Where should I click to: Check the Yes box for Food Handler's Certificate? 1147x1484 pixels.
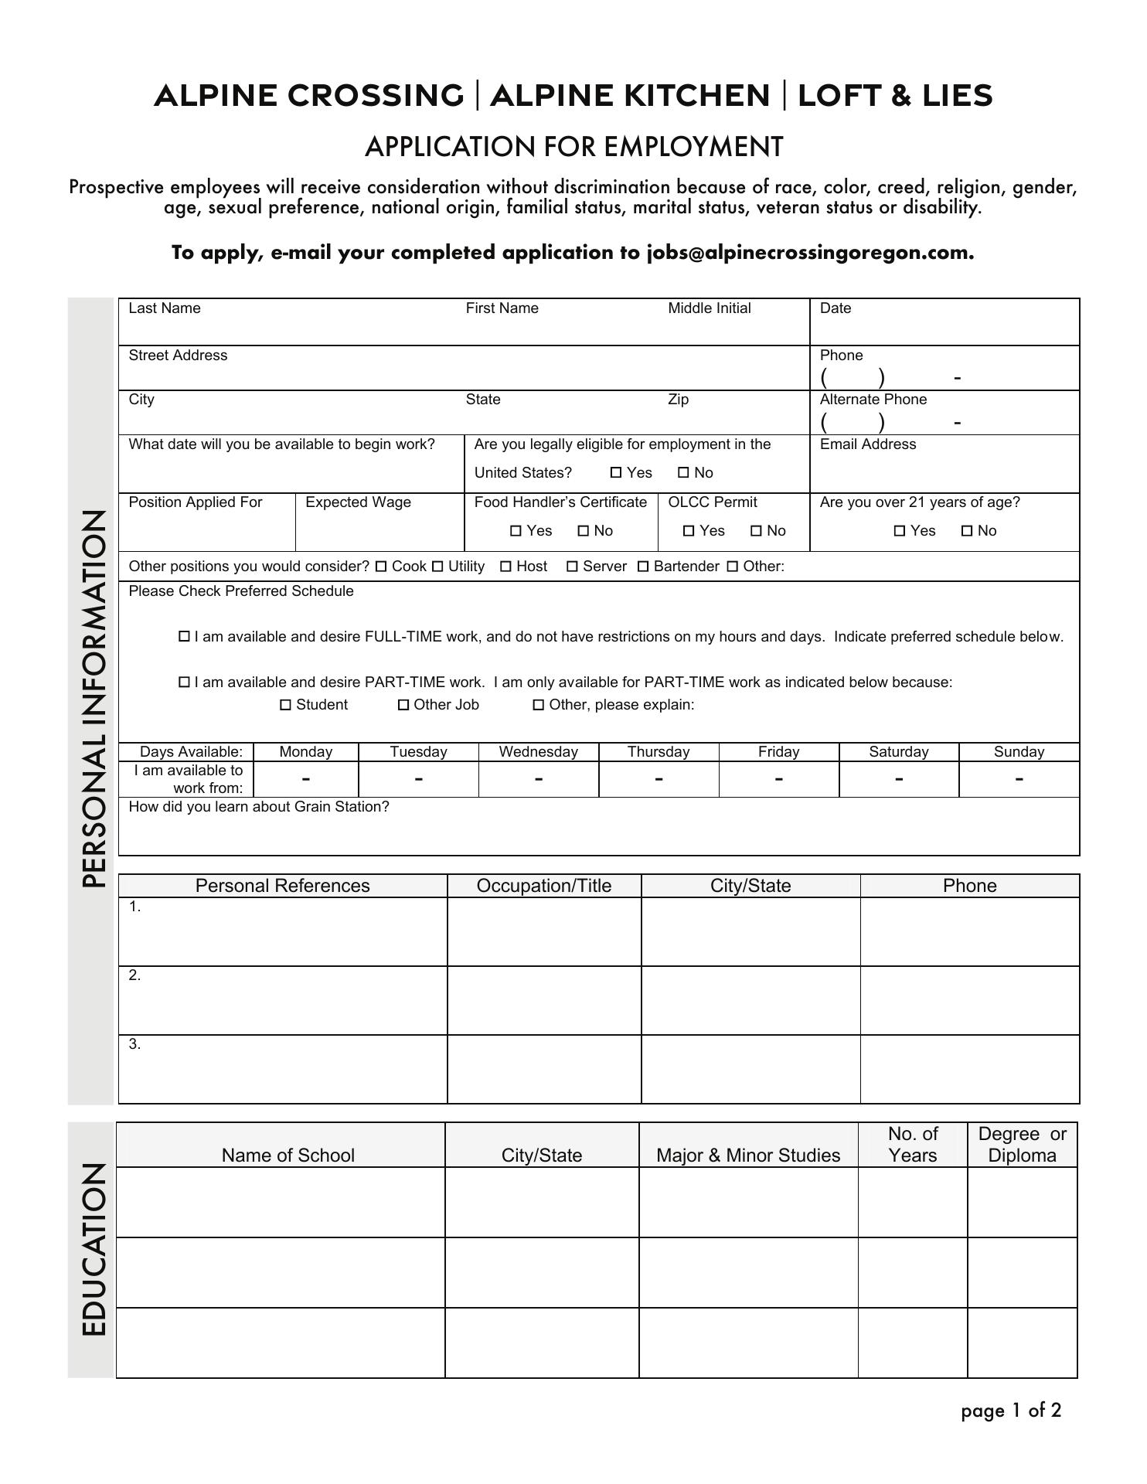click(516, 531)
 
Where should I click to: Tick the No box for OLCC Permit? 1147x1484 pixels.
click(757, 531)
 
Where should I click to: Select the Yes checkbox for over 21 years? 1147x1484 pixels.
click(900, 531)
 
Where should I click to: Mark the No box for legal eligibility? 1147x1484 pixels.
click(683, 473)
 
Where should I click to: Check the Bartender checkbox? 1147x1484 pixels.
click(643, 567)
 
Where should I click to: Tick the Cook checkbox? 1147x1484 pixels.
click(381, 567)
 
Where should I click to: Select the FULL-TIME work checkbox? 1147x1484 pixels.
click(184, 637)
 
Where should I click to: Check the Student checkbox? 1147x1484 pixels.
click(286, 705)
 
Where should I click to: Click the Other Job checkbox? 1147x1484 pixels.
click(403, 705)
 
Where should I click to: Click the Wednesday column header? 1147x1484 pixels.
click(539, 752)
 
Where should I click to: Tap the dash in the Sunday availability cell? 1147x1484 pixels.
click(1019, 779)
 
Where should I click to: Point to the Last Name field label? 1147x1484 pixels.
click(165, 308)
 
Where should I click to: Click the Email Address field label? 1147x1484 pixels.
click(868, 444)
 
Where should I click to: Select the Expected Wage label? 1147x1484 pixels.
click(359, 502)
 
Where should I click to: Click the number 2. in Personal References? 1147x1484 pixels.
click(135, 975)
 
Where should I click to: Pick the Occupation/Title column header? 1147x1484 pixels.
click(544, 886)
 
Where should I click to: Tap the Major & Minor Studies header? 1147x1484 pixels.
click(748, 1156)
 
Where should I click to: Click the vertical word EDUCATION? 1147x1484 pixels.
click(94, 1250)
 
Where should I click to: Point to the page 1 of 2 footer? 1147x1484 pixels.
click(1011, 1411)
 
